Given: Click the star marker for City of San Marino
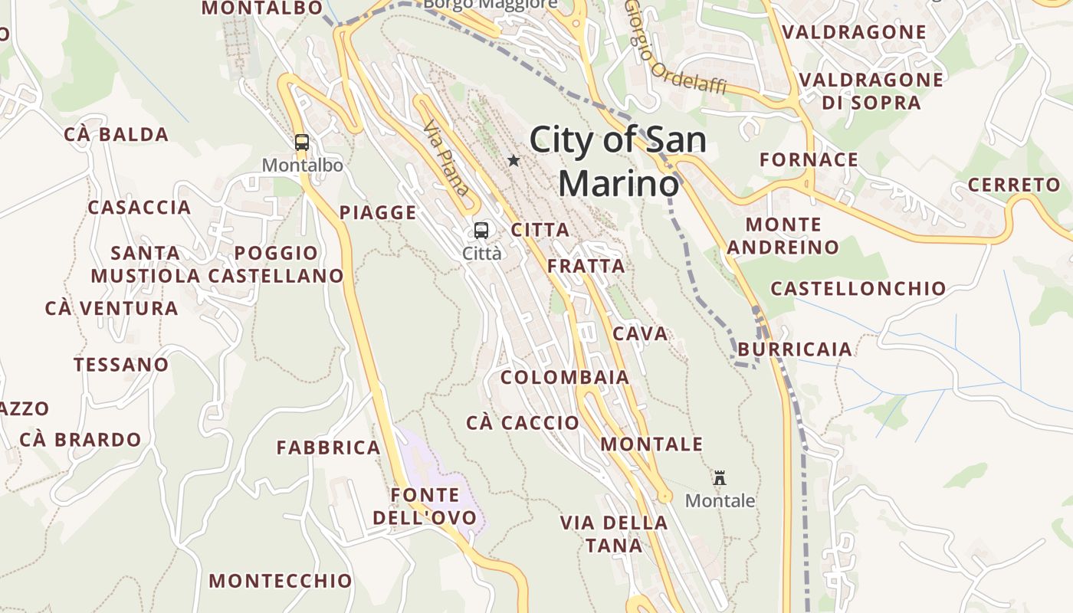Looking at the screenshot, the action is tap(514, 161).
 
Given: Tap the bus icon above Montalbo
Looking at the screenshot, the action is tap(302, 142).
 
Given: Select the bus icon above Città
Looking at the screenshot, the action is tap(481, 230).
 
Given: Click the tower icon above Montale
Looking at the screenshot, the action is tap(720, 478).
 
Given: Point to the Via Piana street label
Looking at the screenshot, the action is tap(445, 158).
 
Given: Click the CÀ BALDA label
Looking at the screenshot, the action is tap(116, 135).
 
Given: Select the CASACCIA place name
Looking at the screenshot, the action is tap(139, 208).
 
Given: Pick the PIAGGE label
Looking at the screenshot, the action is tap(379, 213).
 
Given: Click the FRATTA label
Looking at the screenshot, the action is tap(586, 267).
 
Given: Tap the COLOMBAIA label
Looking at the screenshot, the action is tap(565, 378).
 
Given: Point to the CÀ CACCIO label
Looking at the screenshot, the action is tap(523, 423).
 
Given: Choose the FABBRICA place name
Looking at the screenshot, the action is tap(329, 447).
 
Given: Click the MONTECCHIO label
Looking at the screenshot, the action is tap(281, 581).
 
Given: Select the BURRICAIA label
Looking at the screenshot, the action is tap(795, 349).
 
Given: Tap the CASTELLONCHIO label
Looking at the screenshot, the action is tap(858, 289).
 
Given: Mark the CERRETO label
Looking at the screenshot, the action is tap(1014, 185).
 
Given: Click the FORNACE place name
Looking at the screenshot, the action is tap(809, 160).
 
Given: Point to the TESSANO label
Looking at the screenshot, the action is tap(121, 365).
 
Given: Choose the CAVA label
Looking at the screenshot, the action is tap(641, 334).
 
